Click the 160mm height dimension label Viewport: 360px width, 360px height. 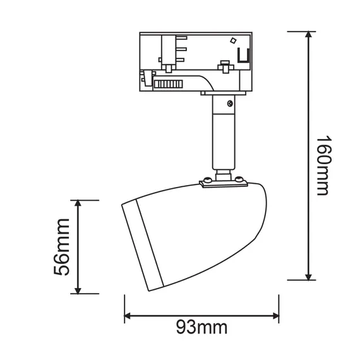(x=323, y=165)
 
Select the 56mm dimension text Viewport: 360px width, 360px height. (x=61, y=247)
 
